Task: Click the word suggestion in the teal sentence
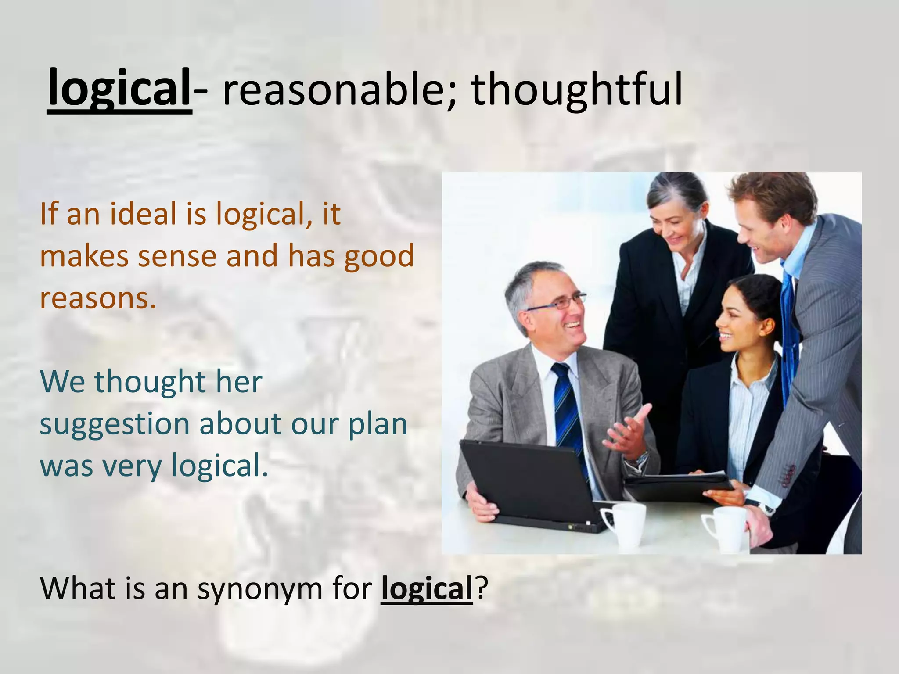114,425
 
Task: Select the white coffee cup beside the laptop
626,524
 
